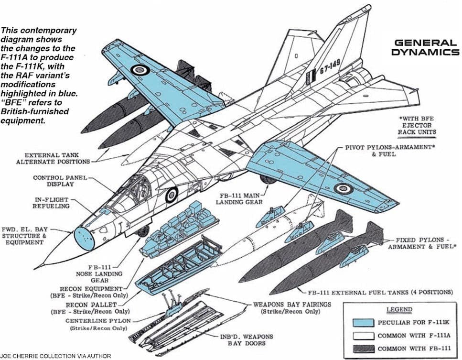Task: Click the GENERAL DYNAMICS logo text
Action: (x=425, y=47)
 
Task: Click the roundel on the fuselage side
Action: (x=172, y=195)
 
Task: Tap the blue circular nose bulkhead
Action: (x=84, y=238)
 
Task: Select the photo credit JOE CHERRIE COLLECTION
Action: (x=56, y=356)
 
